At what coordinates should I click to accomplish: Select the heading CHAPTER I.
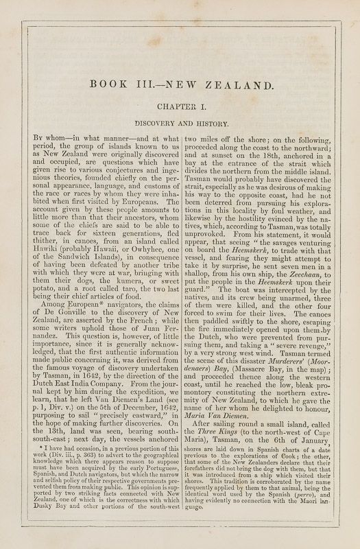pyautogui.click(x=180, y=107)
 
